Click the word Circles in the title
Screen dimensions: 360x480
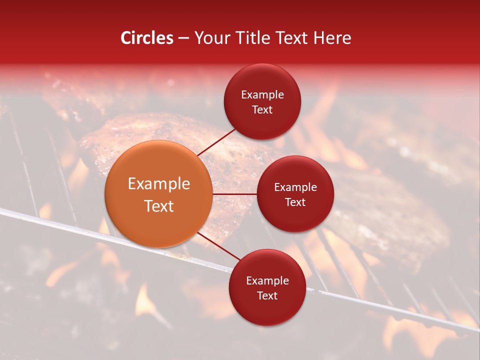(146, 38)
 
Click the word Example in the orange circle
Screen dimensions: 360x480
(159, 184)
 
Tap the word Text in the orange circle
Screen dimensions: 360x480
(159, 206)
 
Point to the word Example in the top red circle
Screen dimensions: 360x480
(262, 95)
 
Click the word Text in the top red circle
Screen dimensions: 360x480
(262, 109)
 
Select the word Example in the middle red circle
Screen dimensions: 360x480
(295, 187)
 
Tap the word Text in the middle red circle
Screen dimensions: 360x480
(295, 202)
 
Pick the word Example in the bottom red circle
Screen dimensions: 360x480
(267, 281)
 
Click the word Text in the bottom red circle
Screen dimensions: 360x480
(267, 295)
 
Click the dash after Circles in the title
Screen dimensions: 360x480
(183, 38)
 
